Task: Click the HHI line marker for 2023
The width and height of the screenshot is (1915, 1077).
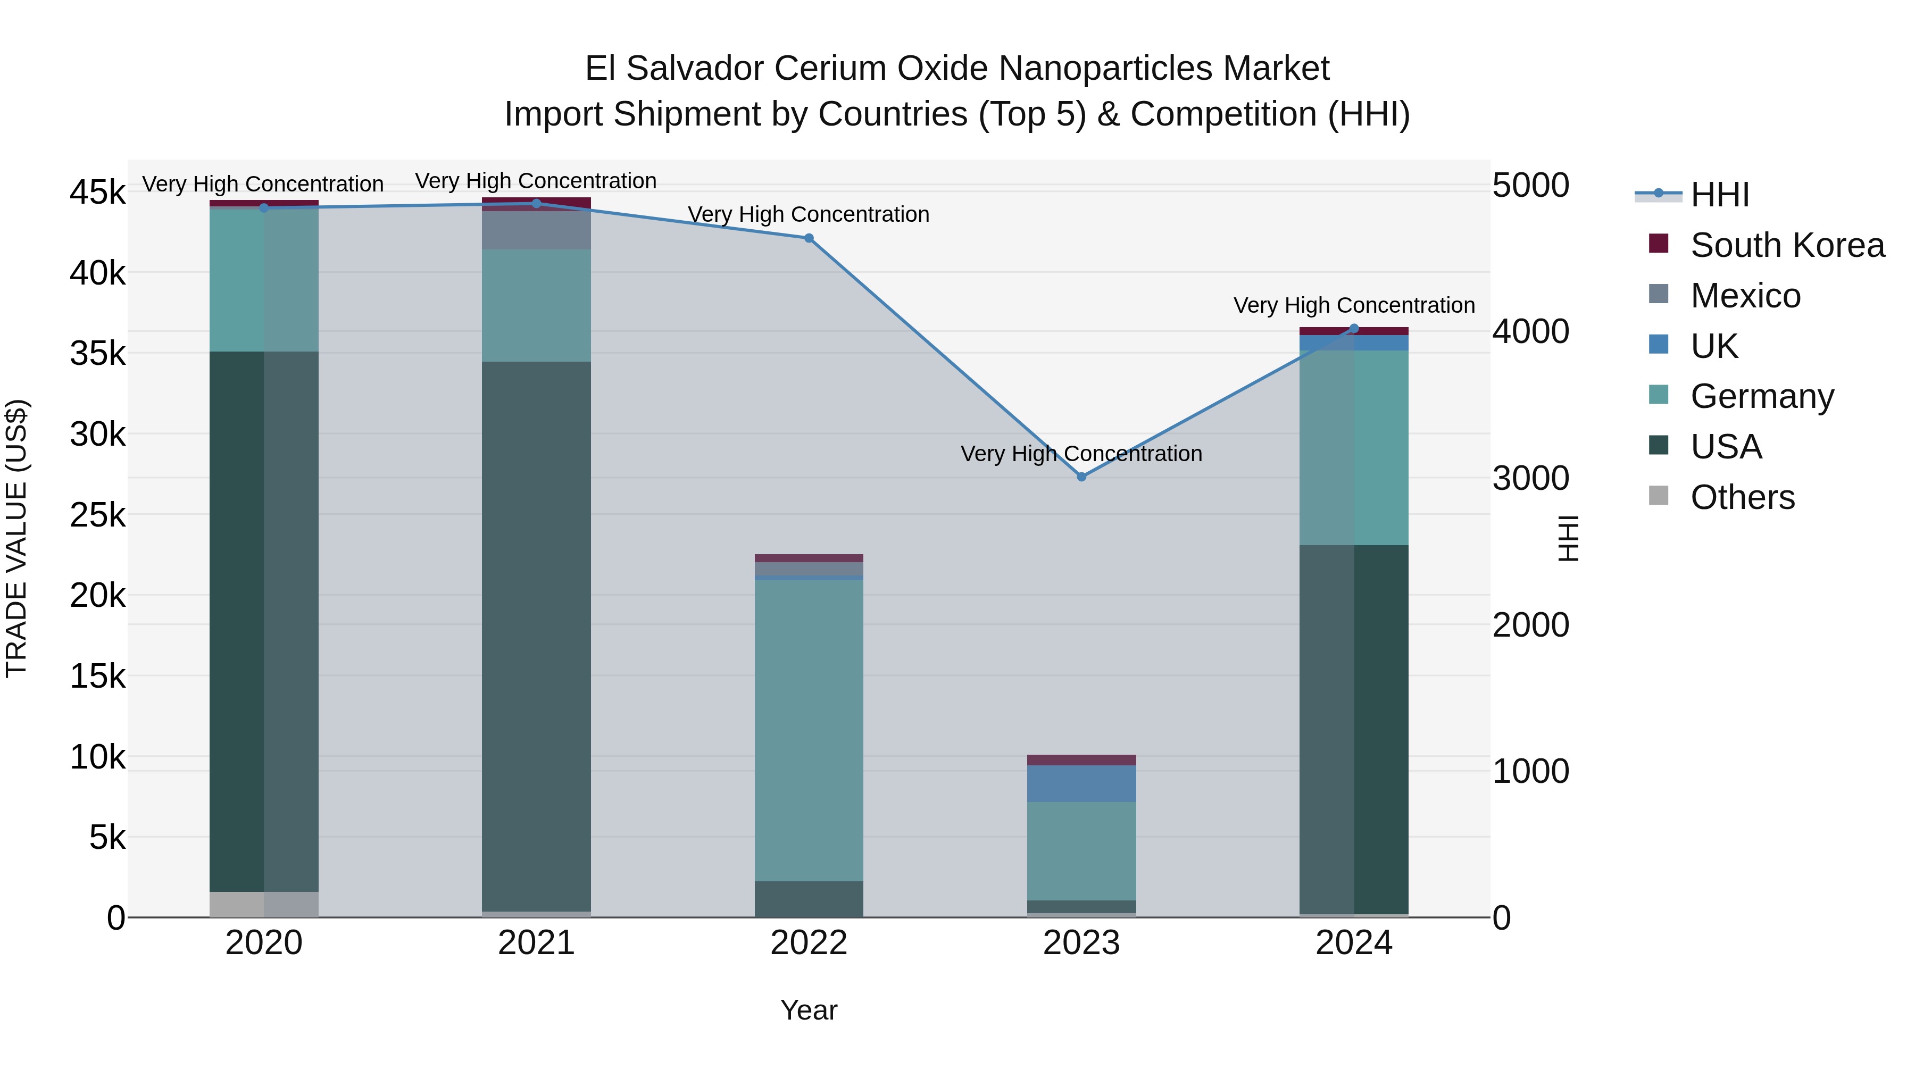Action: click(1081, 477)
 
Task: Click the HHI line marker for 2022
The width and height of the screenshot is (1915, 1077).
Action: click(809, 239)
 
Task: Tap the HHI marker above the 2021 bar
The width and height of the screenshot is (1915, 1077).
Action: click(536, 204)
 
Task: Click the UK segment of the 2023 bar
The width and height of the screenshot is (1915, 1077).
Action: click(1081, 783)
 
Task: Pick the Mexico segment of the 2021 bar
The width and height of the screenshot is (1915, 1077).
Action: click(536, 230)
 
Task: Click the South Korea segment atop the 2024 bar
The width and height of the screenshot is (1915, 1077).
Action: click(1354, 331)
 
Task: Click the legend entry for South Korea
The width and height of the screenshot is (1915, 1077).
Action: click(1787, 245)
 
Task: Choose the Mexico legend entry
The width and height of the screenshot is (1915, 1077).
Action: click(1745, 296)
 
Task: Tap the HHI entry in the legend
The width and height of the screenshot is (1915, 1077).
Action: click(1719, 195)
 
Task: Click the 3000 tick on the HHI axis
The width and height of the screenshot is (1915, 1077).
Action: click(1530, 478)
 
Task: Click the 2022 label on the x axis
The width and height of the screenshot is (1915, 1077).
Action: click(809, 943)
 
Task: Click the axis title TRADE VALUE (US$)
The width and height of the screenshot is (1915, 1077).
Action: click(16, 538)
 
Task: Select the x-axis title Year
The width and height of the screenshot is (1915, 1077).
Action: click(809, 1010)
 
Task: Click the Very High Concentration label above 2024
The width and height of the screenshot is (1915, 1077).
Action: click(1354, 305)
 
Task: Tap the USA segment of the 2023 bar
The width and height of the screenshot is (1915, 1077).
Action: click(1081, 907)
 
